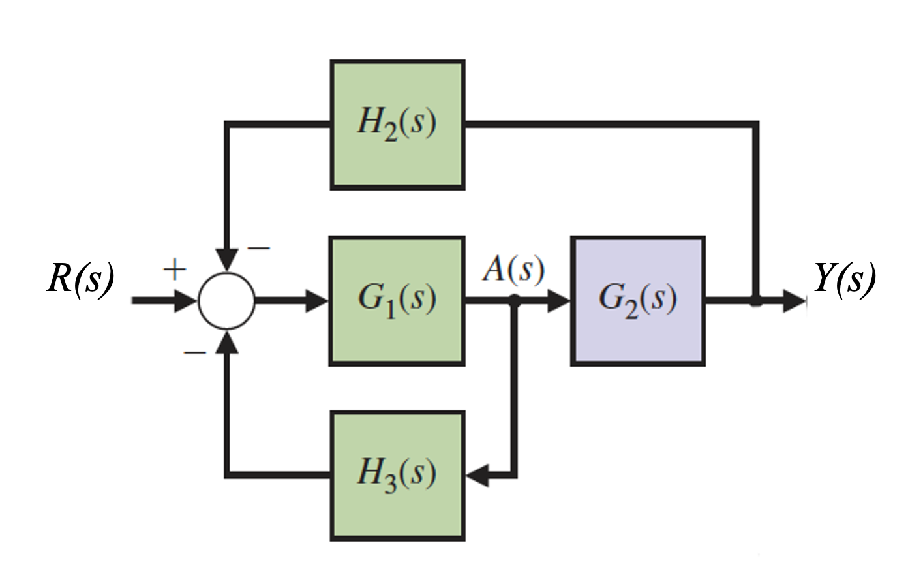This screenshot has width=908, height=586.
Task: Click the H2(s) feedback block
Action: [397, 125]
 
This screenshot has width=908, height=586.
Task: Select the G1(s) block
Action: [397, 300]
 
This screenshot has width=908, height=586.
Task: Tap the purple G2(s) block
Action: [637, 300]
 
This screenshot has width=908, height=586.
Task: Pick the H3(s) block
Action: [397, 476]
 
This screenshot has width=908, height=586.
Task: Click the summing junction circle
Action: [226, 300]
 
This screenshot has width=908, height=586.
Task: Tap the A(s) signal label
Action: [513, 269]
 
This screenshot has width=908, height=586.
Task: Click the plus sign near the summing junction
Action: [174, 269]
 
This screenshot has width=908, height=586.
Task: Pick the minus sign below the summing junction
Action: [194, 352]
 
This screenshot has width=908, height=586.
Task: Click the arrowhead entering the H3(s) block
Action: [476, 476]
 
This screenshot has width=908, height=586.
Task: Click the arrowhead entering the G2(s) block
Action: [560, 300]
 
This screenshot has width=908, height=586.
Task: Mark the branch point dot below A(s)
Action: [515, 300]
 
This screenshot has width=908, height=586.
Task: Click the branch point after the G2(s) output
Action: [755, 301]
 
